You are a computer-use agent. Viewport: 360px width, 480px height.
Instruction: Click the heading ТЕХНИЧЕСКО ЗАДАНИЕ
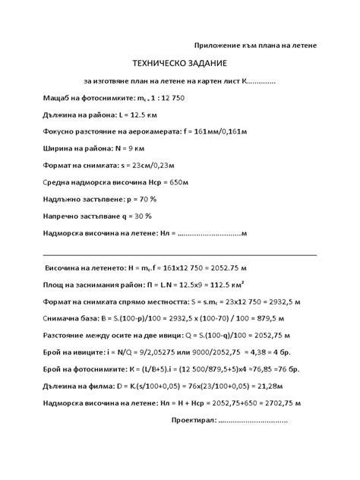pyautogui.click(x=179, y=64)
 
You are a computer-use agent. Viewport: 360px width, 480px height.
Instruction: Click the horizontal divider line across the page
pyautogui.click(x=180, y=255)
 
